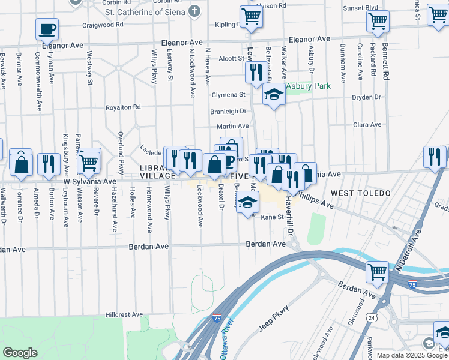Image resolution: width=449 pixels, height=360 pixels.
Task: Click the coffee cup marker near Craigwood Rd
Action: click(x=47, y=28)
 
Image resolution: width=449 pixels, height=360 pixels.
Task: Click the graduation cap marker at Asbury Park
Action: click(x=274, y=95)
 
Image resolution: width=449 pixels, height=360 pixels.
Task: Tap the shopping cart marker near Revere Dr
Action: click(x=89, y=160)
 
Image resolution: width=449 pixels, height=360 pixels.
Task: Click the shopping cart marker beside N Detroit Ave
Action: click(x=378, y=272)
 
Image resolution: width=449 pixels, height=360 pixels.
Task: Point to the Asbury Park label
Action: click(x=308, y=86)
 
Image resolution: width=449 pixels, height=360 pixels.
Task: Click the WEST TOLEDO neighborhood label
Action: click(x=360, y=193)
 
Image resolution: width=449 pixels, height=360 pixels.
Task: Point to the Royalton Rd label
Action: click(x=123, y=107)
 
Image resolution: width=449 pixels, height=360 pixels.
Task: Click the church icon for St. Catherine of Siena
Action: click(x=195, y=11)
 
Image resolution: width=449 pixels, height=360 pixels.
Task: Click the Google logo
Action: click(x=20, y=353)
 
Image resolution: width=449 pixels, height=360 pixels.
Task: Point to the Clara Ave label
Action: click(x=368, y=125)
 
